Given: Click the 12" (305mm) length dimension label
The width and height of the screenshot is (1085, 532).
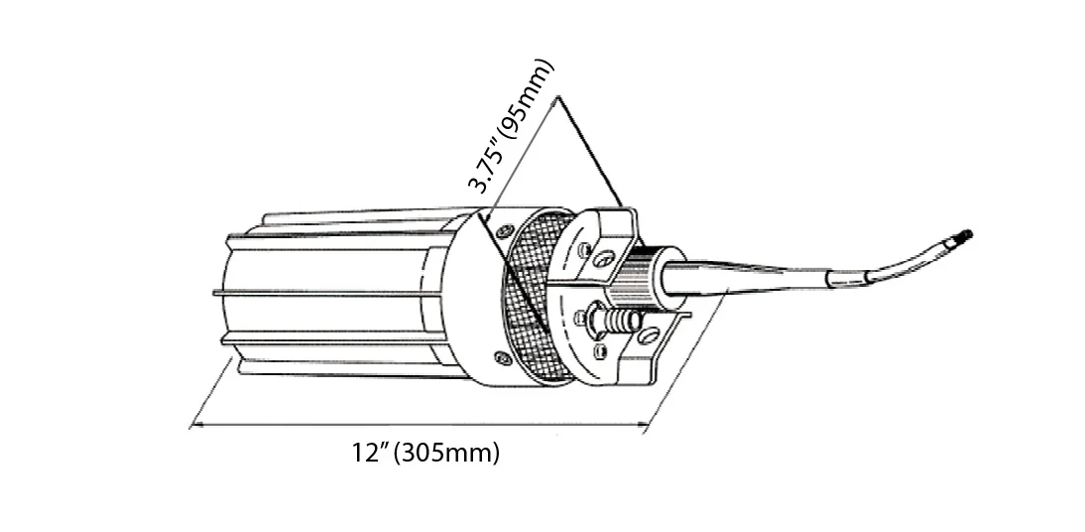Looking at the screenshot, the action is [x=425, y=453].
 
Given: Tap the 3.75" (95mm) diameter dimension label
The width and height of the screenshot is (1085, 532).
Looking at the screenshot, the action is [x=511, y=125].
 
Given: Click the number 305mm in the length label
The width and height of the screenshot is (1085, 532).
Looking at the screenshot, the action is [x=450, y=453].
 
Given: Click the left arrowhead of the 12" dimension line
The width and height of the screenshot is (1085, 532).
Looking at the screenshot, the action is [x=196, y=425].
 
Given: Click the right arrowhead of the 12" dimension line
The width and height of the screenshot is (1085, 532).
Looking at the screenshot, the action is [x=643, y=425].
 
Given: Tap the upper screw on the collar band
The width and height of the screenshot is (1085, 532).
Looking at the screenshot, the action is [x=505, y=230].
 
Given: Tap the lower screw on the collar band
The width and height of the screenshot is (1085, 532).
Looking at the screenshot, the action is [x=502, y=358].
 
